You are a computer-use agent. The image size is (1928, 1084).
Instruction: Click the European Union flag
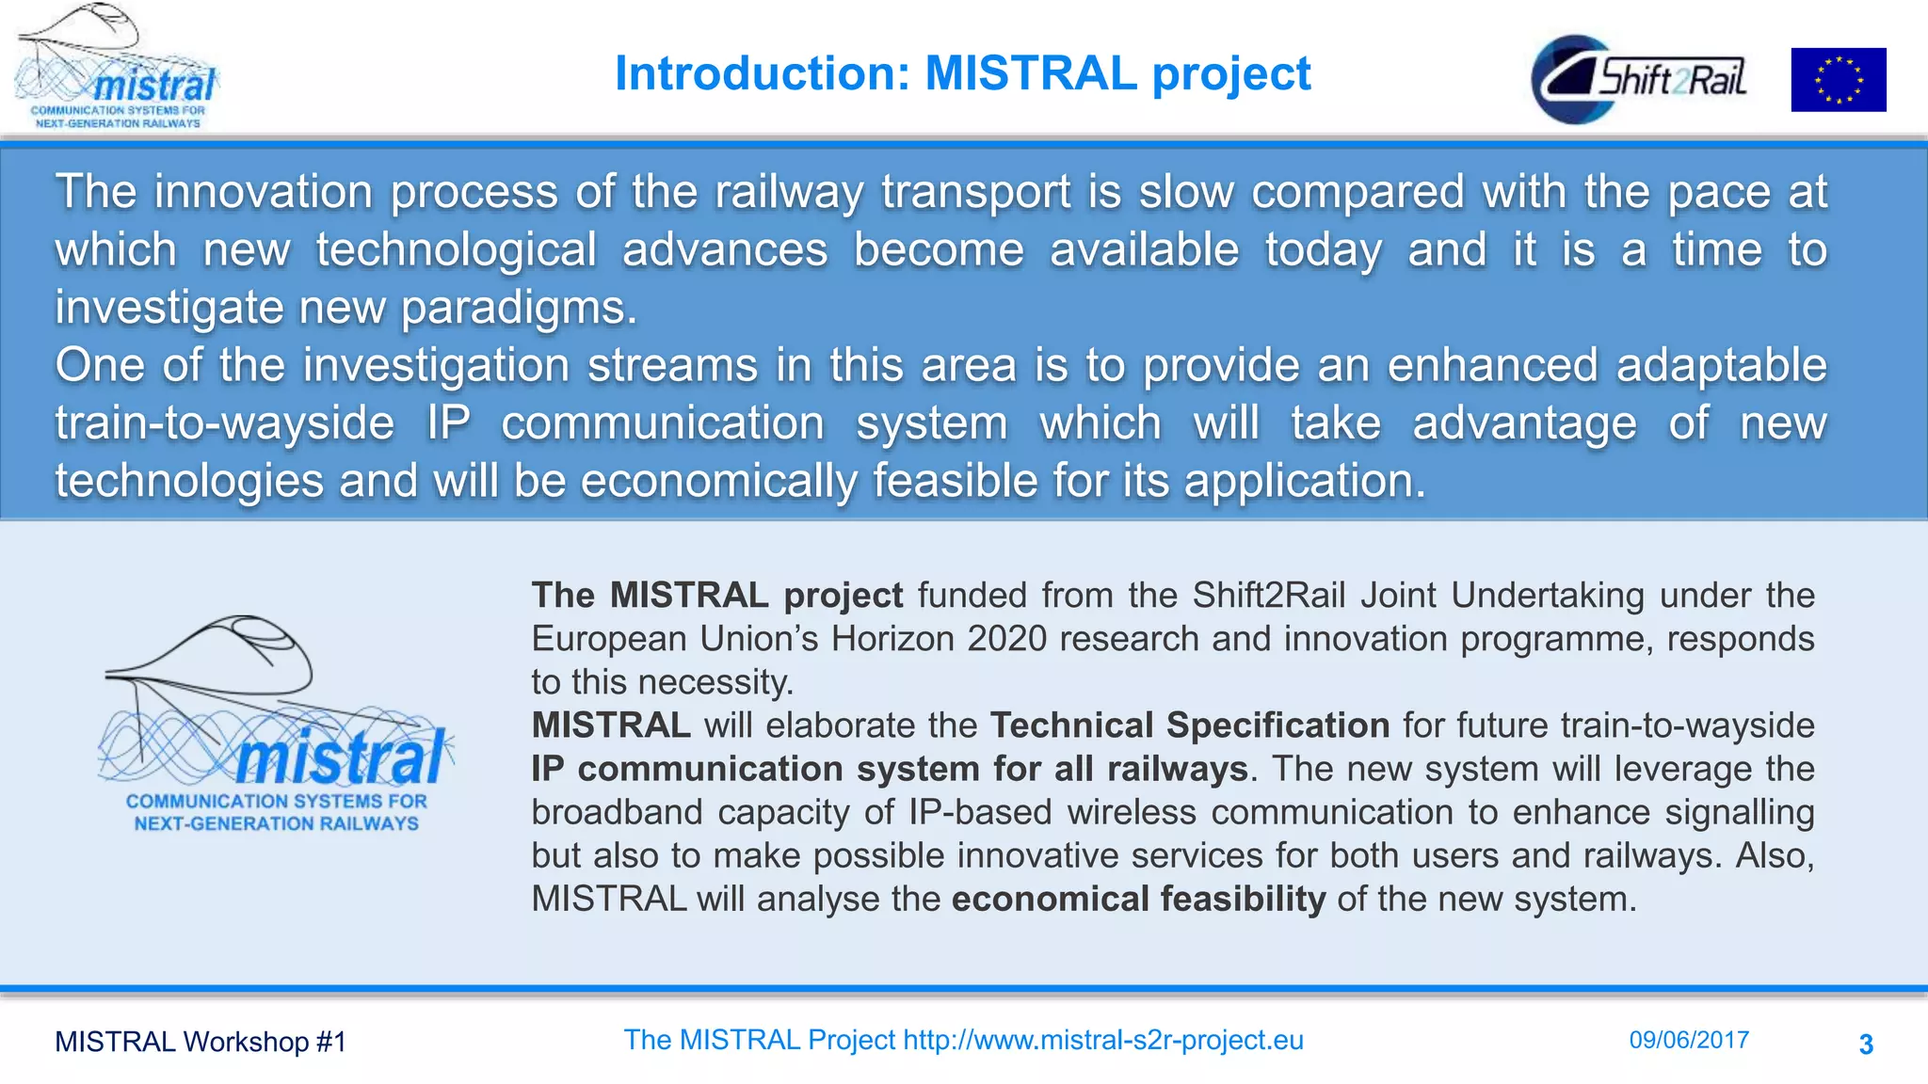point(1838,80)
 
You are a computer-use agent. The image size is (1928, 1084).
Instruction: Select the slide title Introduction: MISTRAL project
point(962,73)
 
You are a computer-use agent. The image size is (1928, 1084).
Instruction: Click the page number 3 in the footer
point(1866,1044)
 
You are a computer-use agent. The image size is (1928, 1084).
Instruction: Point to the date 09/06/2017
point(1689,1040)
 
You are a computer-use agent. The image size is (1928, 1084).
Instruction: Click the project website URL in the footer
point(1103,1040)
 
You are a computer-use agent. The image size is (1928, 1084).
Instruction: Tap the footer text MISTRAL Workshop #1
point(201,1042)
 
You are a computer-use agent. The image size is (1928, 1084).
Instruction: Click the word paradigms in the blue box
point(519,308)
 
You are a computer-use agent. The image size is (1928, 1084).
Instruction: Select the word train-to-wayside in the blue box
point(225,422)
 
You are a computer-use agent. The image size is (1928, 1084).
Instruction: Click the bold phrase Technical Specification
point(1190,725)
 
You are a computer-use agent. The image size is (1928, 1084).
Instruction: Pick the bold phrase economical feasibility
point(1138,899)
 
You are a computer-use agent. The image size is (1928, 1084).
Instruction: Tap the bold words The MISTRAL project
point(716,596)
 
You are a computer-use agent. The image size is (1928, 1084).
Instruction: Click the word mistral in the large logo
point(341,758)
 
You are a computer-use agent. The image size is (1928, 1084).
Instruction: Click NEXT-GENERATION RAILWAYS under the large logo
point(276,823)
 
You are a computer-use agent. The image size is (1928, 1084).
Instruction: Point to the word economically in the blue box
point(719,481)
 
